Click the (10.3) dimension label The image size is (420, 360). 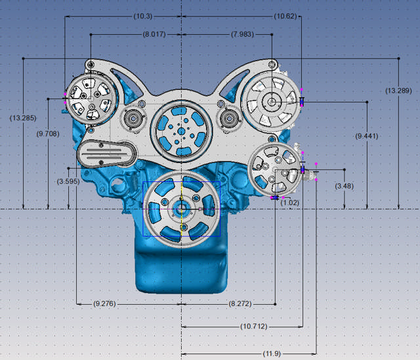click(123, 15)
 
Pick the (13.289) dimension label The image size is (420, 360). click(399, 90)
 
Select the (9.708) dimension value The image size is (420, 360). click(47, 133)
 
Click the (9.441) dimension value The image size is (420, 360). click(366, 136)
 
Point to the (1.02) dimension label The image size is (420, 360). click(289, 203)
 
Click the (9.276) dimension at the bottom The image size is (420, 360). click(106, 304)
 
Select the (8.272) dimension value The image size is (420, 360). click(243, 304)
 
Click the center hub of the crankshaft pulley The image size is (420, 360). click(180, 209)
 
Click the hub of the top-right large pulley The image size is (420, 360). click(271, 101)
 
